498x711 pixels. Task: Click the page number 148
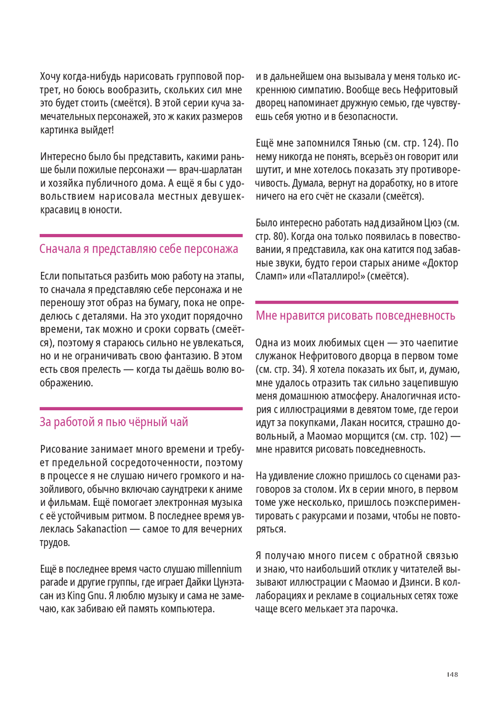pyautogui.click(x=452, y=674)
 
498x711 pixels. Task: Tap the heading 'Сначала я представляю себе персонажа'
pyautogui.click(x=138, y=249)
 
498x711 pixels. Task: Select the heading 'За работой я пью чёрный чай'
pyautogui.click(x=114, y=422)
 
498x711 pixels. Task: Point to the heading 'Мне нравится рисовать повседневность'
pyautogui.click(x=355, y=316)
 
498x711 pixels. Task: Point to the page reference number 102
pyautogui.click(x=438, y=436)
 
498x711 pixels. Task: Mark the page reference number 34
pyautogui.click(x=298, y=369)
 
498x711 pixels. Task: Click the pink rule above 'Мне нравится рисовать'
pyautogui.click(x=357, y=302)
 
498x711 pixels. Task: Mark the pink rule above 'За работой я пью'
pyautogui.click(x=141, y=409)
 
